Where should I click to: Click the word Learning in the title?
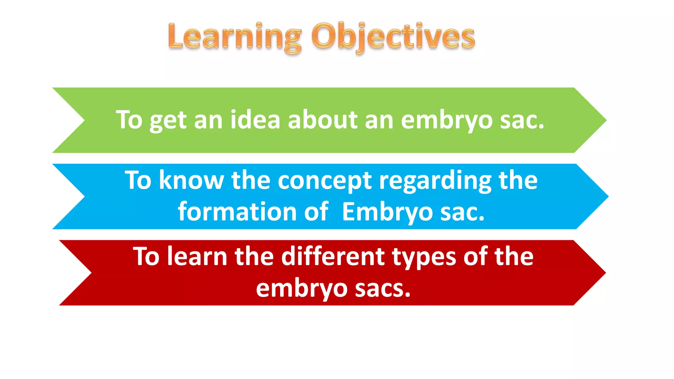point(234,37)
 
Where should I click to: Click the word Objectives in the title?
point(393,37)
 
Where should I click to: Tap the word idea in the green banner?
point(255,120)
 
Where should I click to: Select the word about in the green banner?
point(323,120)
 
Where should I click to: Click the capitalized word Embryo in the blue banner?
point(387,212)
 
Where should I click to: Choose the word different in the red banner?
point(333,257)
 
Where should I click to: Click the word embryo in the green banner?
point(447,121)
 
